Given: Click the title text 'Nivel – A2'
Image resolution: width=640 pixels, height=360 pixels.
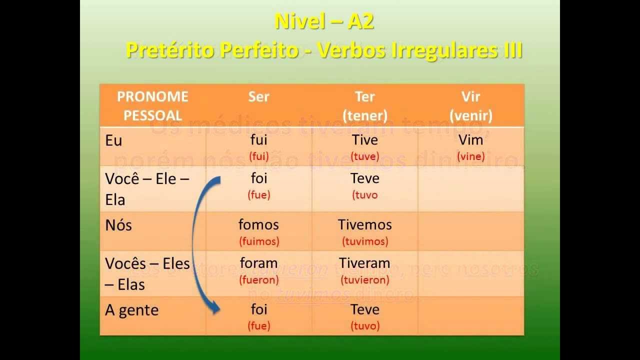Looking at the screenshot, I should tap(324, 22).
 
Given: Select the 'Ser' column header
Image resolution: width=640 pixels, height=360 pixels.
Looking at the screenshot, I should tap(258, 96).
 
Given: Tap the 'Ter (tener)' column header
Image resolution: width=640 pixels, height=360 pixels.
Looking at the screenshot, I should tap(365, 106).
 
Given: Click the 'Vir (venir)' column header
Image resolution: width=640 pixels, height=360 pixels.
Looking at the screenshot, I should tap(470, 106).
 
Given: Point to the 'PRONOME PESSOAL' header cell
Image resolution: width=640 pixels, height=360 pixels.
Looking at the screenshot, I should tap(152, 106).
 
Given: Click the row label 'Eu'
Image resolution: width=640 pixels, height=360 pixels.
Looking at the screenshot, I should tap(113, 140).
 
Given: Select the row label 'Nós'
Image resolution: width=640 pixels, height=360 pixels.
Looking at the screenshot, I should tap(118, 225).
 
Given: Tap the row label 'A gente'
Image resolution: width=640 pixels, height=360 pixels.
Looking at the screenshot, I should tap(131, 310).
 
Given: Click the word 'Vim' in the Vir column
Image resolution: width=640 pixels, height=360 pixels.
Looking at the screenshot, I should tap(470, 139).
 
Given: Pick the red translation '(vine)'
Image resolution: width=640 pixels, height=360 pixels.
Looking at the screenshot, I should tap(470, 156).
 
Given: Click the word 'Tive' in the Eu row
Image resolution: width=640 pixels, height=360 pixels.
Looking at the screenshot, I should tap(364, 139).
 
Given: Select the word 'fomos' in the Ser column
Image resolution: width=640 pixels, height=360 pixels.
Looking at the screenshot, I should tap(258, 224).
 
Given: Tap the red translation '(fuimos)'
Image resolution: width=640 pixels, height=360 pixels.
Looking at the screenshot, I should tap(258, 241).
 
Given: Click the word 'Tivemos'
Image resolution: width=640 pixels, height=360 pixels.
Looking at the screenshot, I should tap(364, 224).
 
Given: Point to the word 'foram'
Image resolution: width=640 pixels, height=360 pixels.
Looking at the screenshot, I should tap(258, 263).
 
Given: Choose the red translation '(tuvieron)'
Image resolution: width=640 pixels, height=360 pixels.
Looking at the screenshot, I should tap(364, 280).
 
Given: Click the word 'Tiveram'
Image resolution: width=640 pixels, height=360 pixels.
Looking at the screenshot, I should tap(364, 263).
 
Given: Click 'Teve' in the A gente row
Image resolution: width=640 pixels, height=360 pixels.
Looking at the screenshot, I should tap(364, 309).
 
